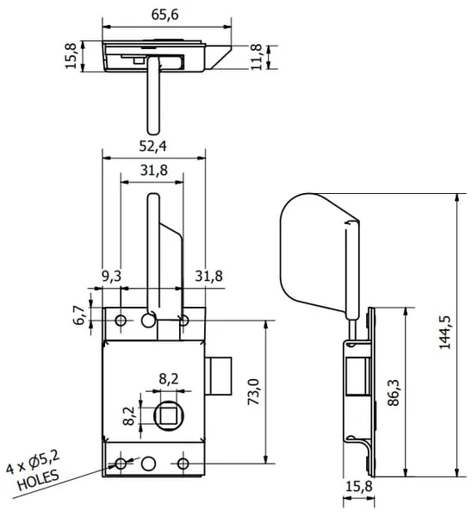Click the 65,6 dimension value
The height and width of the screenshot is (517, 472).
pos(165,15)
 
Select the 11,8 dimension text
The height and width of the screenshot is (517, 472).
pos(257,57)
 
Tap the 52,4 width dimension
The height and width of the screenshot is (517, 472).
pos(152,146)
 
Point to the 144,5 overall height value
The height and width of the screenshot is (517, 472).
pos(444,332)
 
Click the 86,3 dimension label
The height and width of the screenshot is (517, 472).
pos(394,392)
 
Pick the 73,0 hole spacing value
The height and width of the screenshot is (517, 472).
pos(253,392)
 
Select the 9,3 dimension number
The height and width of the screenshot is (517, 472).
pos(111,276)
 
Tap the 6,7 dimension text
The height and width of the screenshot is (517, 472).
pos(78,315)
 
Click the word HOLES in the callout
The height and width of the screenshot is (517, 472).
pos(38,479)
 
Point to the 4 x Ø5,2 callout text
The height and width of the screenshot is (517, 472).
pos(33,462)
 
